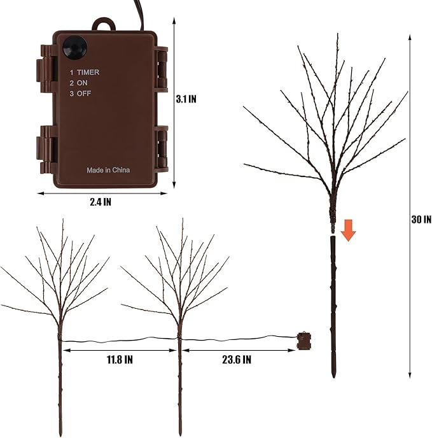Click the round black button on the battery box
[74, 48]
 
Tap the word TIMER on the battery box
[88, 73]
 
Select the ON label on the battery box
[82, 83]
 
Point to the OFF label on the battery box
[84, 94]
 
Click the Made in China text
[108, 170]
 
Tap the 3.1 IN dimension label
[186, 99]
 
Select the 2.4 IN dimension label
[101, 202]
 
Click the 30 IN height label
[421, 220]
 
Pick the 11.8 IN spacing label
[120, 360]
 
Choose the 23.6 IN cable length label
[237, 360]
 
